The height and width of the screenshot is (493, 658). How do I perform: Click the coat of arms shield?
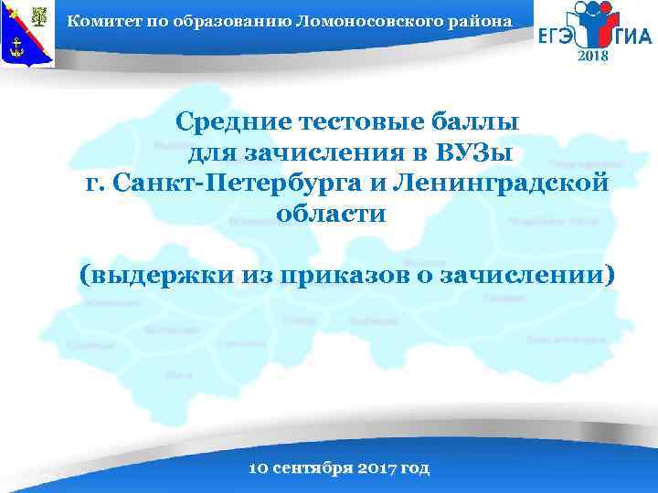[x=28, y=35]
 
